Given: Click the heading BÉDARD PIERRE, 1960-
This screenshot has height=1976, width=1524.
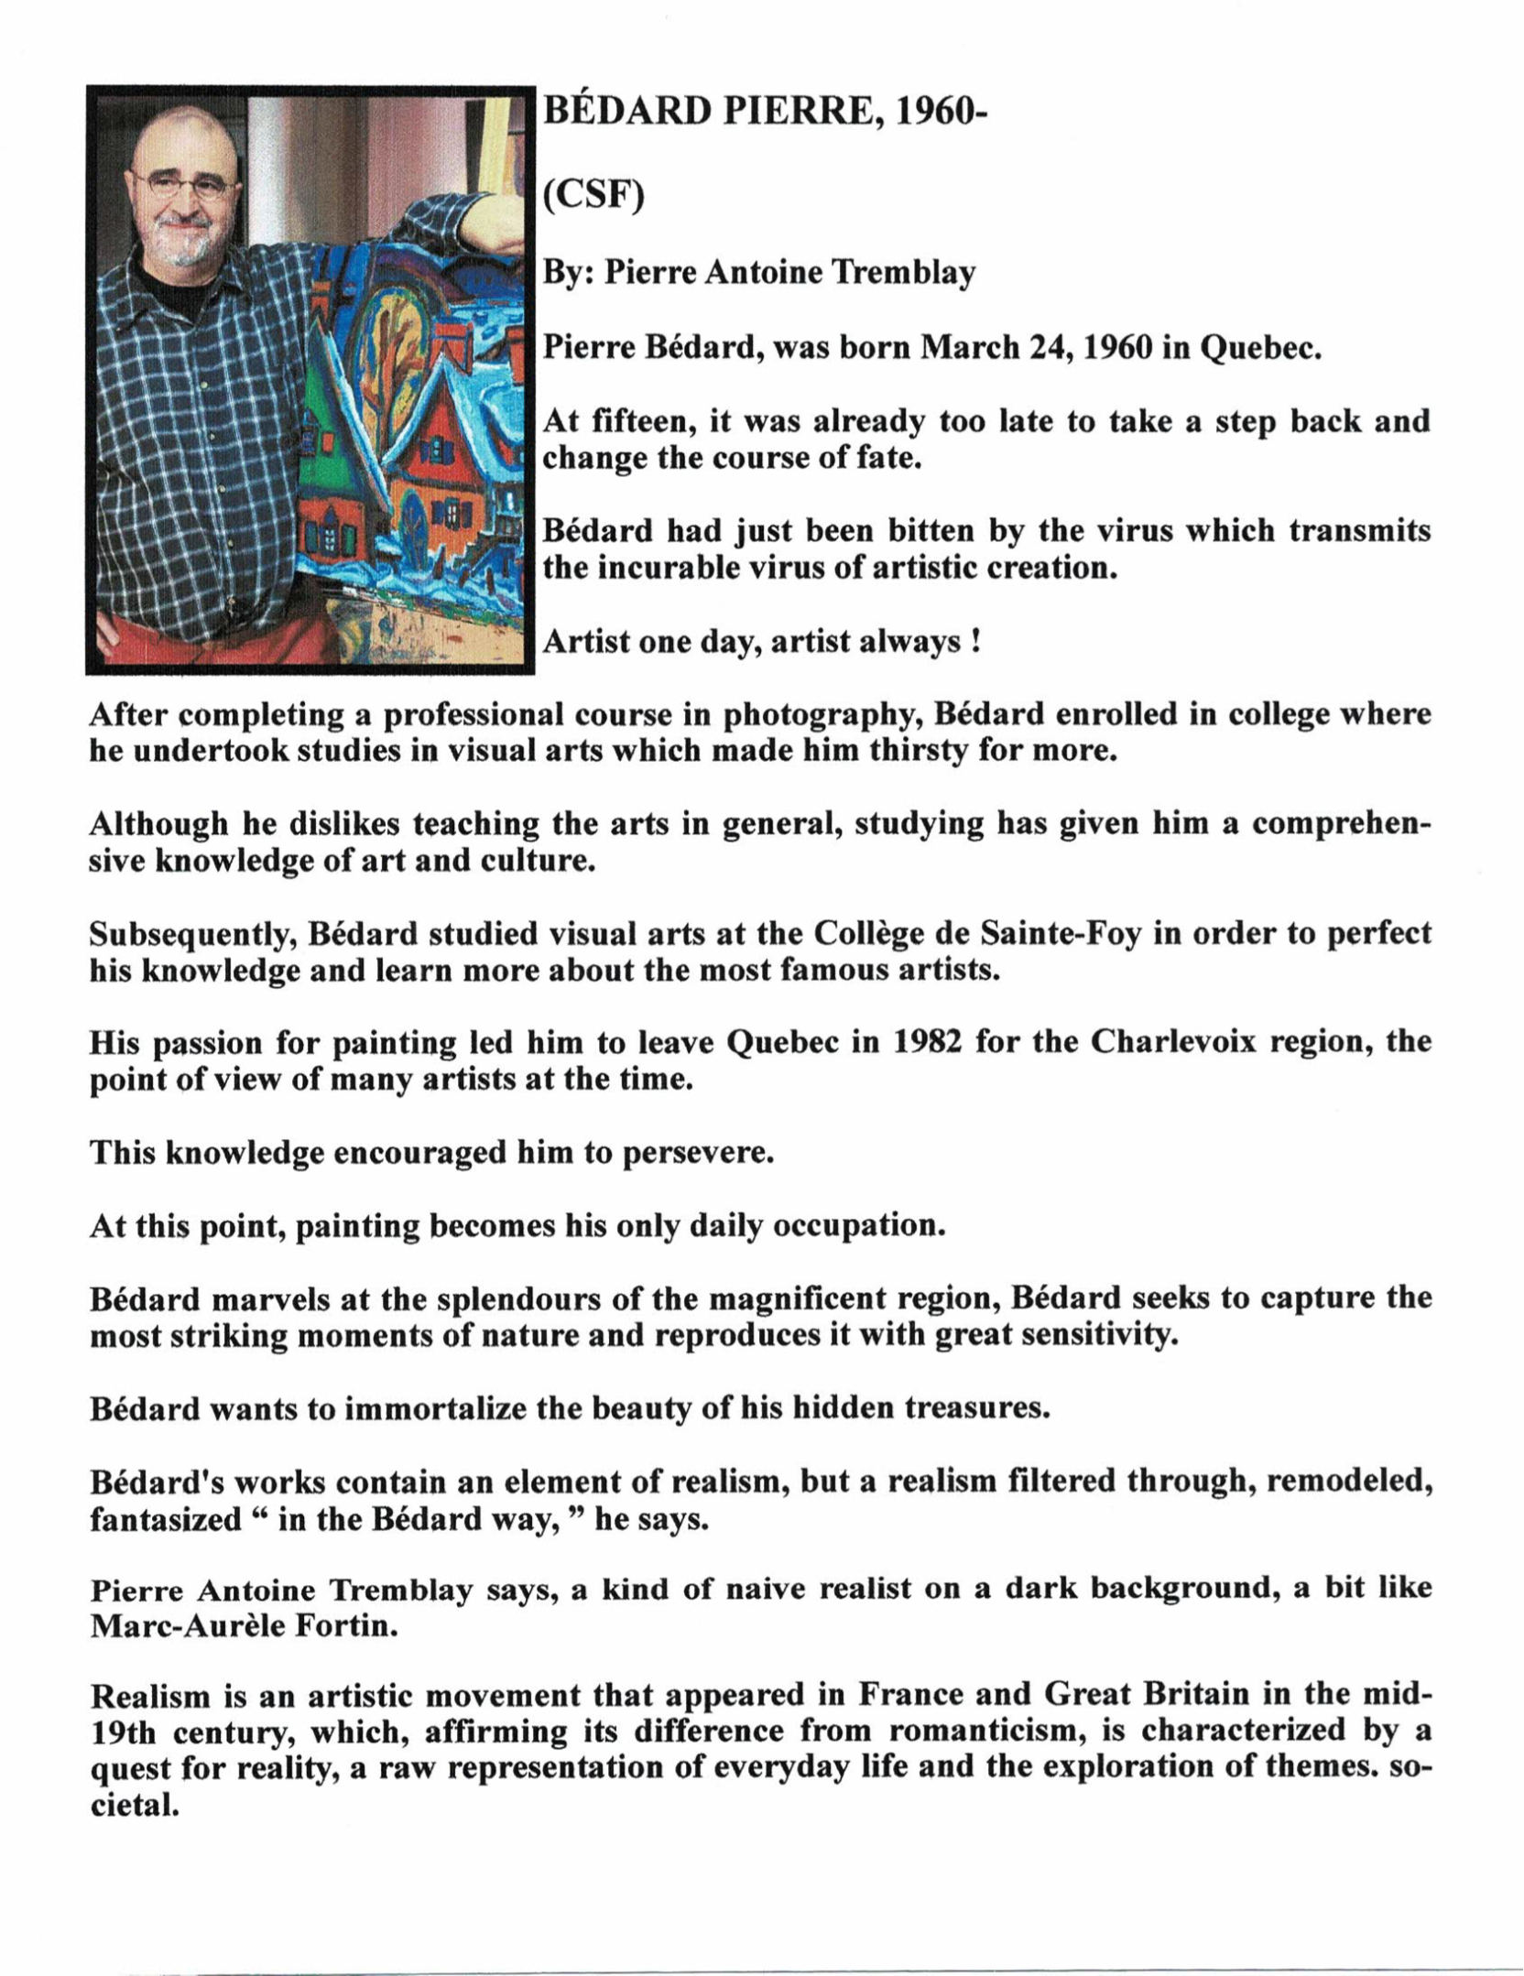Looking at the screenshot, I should [762, 112].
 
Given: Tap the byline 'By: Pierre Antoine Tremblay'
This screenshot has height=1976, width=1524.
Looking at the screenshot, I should [759, 273].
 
